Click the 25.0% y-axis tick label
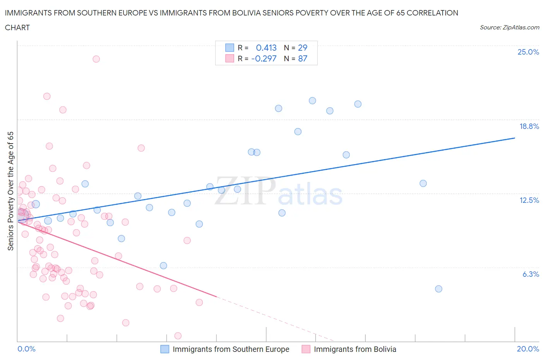tap(528, 52)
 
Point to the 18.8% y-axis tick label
tap(529, 126)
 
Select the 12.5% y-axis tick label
tap(529, 200)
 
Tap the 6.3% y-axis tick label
tap(530, 274)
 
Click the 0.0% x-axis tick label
tap(26, 349)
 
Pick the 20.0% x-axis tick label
tap(528, 349)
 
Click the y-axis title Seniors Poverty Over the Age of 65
tap(10, 191)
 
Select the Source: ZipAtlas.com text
tap(509, 27)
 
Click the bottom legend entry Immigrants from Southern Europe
tap(231, 349)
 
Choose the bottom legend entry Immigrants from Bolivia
tap(355, 349)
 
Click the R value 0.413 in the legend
tap(266, 48)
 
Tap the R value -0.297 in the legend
tap(264, 58)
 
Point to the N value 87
tap(303, 58)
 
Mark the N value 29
tap(303, 48)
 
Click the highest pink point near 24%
tap(96, 59)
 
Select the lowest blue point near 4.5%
tap(438, 289)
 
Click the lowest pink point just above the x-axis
tap(178, 336)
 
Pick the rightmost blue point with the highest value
tap(358, 104)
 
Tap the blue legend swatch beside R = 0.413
tap(229, 48)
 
